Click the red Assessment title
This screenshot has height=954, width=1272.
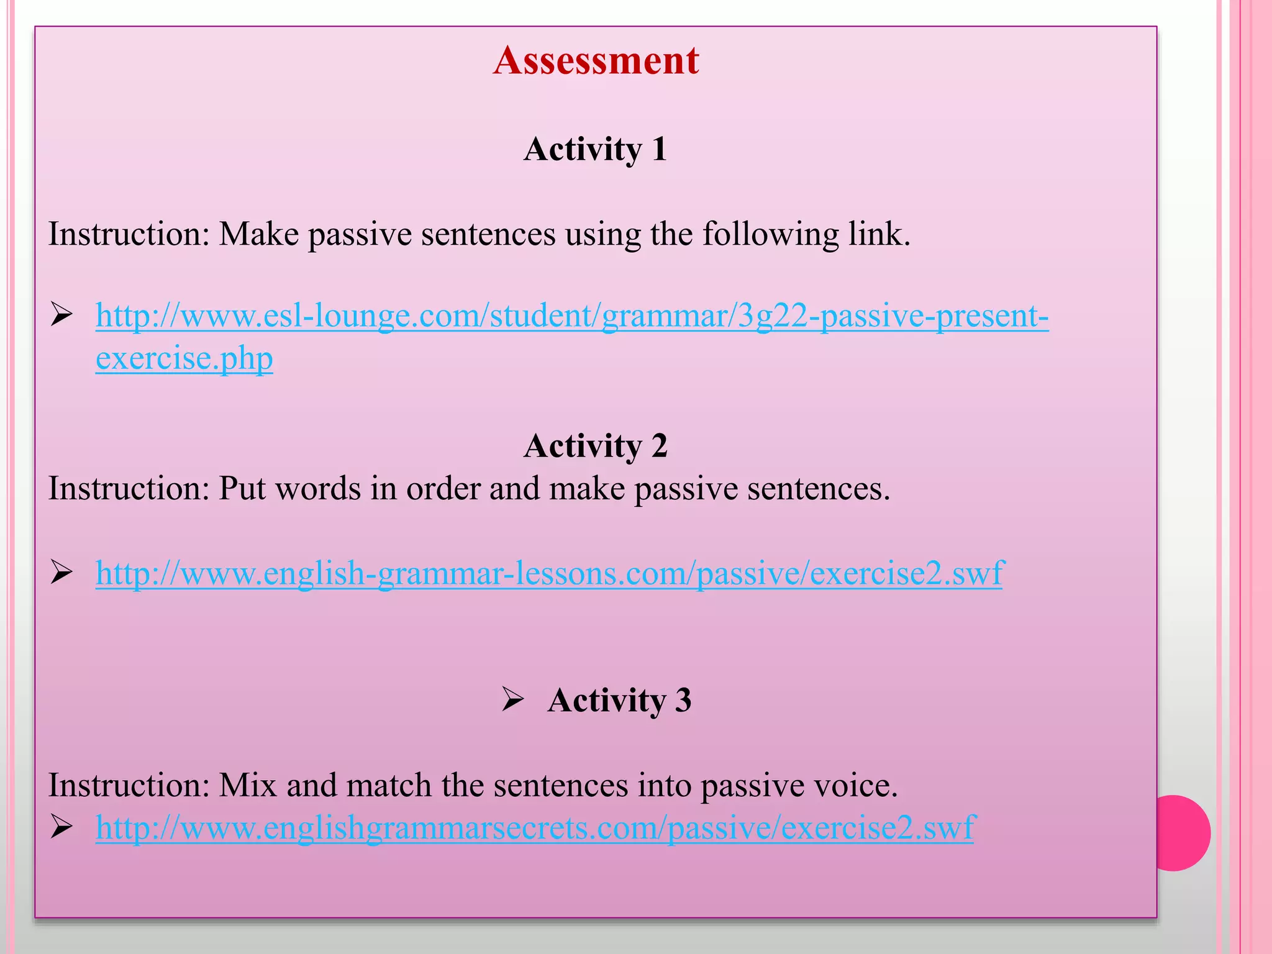tap(596, 60)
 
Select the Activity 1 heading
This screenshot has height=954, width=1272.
tap(595, 149)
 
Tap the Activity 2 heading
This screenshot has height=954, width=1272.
tap(595, 446)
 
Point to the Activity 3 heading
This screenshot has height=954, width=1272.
tap(619, 700)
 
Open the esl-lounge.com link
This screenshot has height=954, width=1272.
tap(571, 316)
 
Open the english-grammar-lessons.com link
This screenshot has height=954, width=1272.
tap(549, 573)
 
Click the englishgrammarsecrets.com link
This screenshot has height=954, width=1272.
tap(534, 828)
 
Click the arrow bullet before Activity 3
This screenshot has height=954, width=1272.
tap(513, 700)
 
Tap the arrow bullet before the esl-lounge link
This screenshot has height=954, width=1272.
tap(62, 315)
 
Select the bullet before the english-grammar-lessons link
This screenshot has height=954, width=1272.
tap(62, 572)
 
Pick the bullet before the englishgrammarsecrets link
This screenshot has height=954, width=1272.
tap(62, 827)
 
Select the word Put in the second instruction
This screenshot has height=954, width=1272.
tap(242, 489)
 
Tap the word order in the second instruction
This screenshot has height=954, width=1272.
tap(443, 489)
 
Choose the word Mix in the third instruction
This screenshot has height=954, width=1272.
tap(247, 786)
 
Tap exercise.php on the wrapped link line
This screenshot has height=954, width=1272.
tap(184, 359)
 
